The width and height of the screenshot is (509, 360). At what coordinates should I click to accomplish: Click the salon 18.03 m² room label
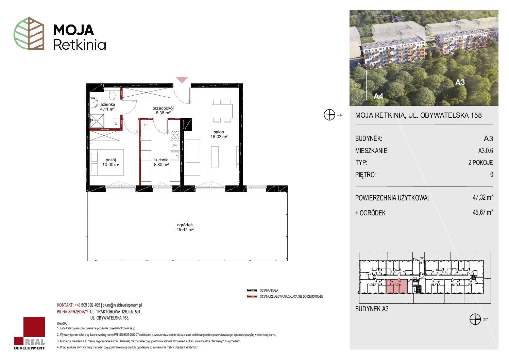219,134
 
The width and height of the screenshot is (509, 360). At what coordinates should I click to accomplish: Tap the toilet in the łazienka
112,95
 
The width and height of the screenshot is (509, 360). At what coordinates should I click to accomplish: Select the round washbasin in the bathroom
94,103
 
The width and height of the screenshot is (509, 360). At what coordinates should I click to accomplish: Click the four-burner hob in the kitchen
175,135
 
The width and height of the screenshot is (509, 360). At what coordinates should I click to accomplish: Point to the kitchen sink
175,156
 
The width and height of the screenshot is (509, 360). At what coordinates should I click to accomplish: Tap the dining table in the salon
222,111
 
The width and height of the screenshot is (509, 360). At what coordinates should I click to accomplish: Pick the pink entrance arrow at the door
182,80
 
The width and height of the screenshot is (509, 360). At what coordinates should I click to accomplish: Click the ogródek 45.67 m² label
185,227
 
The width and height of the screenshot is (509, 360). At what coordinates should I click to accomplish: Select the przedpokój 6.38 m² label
163,111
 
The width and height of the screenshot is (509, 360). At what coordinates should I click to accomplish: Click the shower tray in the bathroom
97,121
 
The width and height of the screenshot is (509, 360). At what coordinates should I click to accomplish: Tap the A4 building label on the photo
378,96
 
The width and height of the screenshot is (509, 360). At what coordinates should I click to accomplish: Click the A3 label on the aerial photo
460,82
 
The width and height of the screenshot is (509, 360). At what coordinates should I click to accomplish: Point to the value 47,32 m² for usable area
482,197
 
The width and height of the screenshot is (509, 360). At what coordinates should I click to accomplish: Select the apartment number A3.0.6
486,150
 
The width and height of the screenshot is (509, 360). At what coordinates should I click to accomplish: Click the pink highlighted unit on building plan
396,286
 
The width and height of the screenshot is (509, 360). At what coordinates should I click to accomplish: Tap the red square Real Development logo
30,333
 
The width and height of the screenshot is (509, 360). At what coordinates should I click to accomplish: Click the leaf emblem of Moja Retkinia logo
29,33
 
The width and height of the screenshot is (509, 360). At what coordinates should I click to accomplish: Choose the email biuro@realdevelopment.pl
122,305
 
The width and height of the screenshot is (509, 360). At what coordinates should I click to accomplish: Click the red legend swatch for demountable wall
252,297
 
